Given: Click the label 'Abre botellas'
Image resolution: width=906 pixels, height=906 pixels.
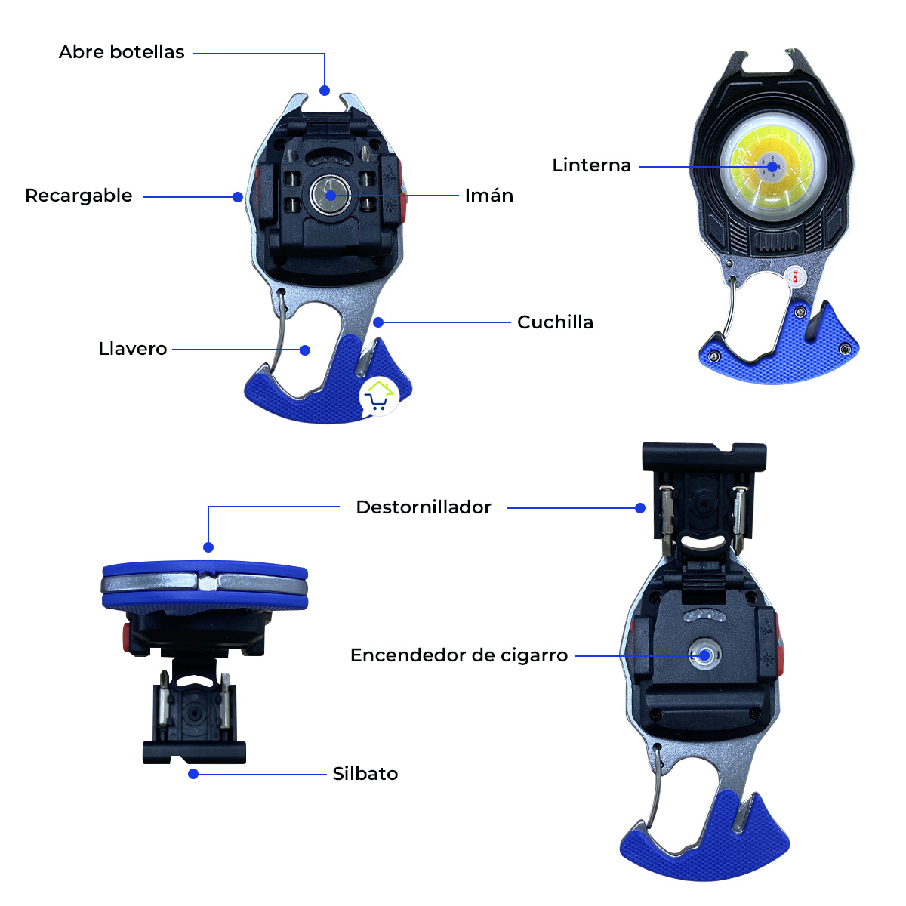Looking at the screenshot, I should [x=122, y=52].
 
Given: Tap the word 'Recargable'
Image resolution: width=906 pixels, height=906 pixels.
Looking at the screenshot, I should [x=79, y=196].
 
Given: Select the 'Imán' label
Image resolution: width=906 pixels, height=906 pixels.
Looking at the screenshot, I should [x=489, y=196].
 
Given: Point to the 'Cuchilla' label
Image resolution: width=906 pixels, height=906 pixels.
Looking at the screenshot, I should [x=555, y=322].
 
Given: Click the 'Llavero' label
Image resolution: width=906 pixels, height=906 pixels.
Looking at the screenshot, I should [x=133, y=349].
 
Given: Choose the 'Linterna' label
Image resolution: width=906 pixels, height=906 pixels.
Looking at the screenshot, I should [x=591, y=165].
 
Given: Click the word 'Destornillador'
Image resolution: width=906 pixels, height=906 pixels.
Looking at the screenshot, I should [x=424, y=507].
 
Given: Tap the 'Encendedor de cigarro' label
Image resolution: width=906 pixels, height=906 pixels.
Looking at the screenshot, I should [x=459, y=655].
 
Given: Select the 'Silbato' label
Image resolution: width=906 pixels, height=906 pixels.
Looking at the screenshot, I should [x=365, y=774].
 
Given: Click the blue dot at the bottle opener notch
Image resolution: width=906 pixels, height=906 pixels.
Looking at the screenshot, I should [x=325, y=91].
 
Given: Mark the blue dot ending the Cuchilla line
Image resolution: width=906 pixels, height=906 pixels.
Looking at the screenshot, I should [x=378, y=322].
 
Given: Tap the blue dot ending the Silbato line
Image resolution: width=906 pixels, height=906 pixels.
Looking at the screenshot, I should [x=193, y=774].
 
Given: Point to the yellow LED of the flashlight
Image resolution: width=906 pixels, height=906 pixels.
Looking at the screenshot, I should [x=771, y=166].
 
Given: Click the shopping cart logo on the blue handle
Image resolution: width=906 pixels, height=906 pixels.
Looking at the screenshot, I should [x=379, y=396].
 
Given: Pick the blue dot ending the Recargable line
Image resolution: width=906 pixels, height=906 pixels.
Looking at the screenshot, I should [x=238, y=197].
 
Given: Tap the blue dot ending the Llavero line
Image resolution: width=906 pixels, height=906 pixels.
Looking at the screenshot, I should [x=305, y=350].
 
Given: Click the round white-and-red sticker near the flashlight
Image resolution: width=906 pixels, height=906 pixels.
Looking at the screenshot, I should [x=794, y=276].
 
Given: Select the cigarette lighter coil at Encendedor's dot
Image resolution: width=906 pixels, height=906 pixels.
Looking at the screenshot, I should [x=704, y=655].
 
